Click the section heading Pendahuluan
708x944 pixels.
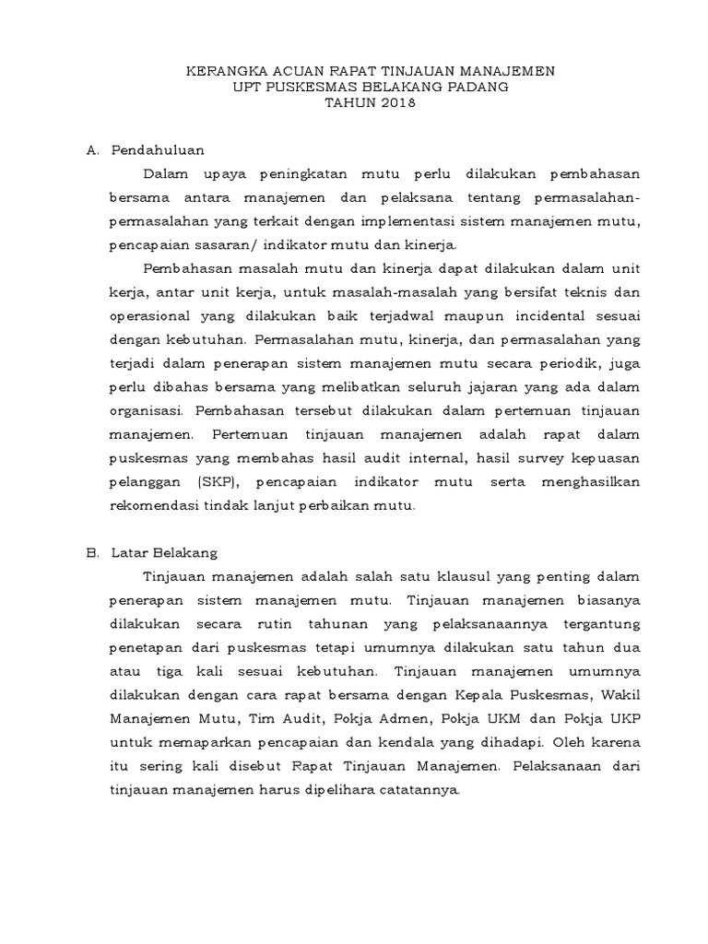click(x=157, y=149)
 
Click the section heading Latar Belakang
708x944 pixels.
click(x=164, y=553)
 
